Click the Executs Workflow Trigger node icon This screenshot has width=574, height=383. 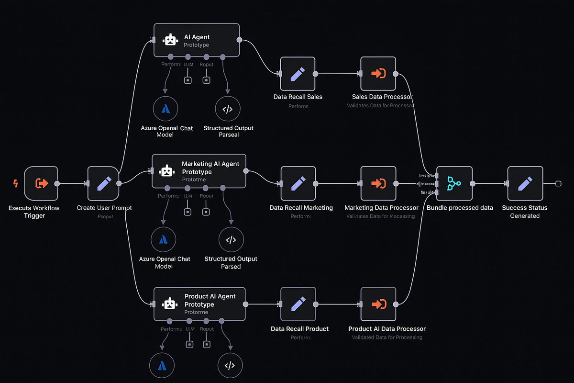tap(41, 183)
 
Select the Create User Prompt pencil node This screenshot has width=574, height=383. tap(104, 183)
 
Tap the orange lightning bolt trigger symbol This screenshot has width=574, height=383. tap(15, 183)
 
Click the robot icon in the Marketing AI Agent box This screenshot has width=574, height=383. tap(166, 171)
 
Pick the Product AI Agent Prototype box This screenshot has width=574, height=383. tap(199, 304)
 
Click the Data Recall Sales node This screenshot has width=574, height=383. tap(298, 74)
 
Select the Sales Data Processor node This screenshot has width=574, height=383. tap(378, 74)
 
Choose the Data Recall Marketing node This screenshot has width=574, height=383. tap(298, 183)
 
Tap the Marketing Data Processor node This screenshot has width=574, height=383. tap(378, 183)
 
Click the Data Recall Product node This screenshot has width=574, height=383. tap(298, 304)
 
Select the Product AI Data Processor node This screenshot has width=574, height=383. tap(378, 304)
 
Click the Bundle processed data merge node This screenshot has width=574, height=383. tap(454, 183)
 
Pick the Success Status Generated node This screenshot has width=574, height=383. tap(525, 183)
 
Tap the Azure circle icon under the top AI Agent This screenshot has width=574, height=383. tap(166, 109)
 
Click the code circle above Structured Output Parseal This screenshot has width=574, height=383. tap(228, 109)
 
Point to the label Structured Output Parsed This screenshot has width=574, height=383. tap(231, 262)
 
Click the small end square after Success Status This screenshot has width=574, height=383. tap(558, 183)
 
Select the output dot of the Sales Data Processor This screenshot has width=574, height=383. tap(396, 74)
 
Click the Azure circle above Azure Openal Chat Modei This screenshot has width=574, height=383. tap(163, 240)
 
